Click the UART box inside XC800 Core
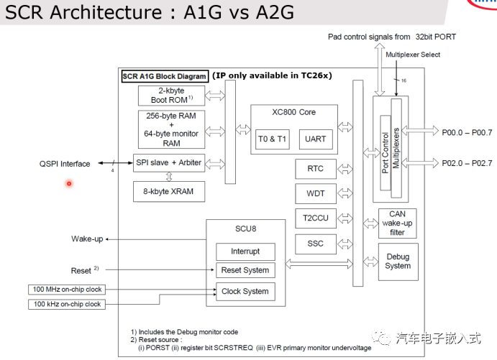tap(316, 139)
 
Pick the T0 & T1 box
tap(272, 139)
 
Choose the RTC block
tap(315, 169)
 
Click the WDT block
tap(315, 194)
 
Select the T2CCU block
tap(315, 218)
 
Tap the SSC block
tap(315, 244)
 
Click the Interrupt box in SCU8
tap(245, 251)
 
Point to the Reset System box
tap(245, 271)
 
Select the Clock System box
tap(245, 291)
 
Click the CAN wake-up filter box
tap(397, 223)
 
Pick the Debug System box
tap(397, 261)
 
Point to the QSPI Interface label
tap(65, 164)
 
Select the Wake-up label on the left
tap(86, 239)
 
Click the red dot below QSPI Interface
tap(69, 183)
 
